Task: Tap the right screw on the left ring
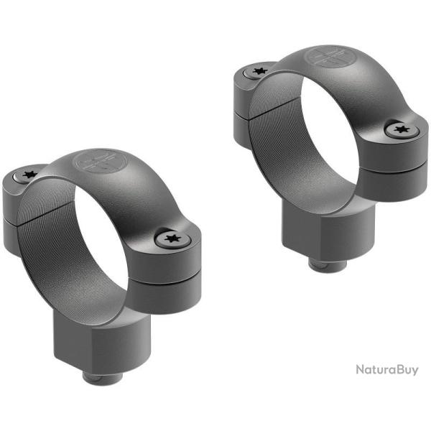(x=170, y=238)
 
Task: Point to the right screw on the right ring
(x=400, y=131)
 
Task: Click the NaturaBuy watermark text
(x=386, y=370)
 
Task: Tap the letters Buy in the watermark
(x=407, y=371)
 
